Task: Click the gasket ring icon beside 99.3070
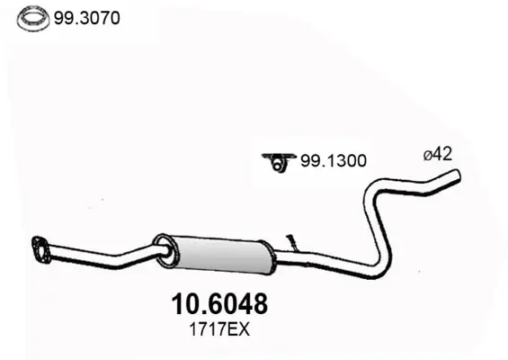(33, 19)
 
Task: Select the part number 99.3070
(87, 18)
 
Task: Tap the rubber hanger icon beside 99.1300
(279, 162)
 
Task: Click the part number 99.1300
(334, 160)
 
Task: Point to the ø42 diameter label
(438, 154)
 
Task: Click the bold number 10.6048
(219, 304)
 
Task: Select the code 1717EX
(219, 330)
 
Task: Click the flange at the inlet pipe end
(40, 249)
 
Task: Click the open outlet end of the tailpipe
(457, 175)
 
